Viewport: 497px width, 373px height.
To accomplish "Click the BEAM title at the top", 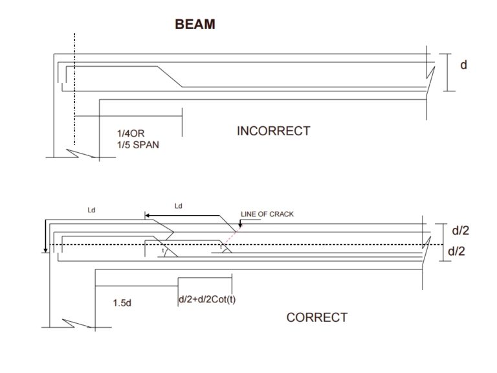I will click(195, 25).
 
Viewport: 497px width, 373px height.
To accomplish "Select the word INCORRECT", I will click(273, 131).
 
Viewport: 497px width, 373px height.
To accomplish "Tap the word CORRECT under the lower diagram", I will click(316, 317).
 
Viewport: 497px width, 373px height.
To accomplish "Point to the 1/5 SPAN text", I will click(138, 145).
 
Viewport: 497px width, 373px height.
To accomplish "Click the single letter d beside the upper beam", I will click(463, 65).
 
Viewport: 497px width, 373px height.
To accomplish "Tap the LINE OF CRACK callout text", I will click(267, 214).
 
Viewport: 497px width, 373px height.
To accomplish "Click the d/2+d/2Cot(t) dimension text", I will click(206, 299).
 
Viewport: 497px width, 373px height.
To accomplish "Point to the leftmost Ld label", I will click(93, 210).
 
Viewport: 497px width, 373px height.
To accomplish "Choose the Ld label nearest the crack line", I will click(180, 206).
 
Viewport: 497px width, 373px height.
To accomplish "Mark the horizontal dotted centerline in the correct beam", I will click(259, 244).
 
